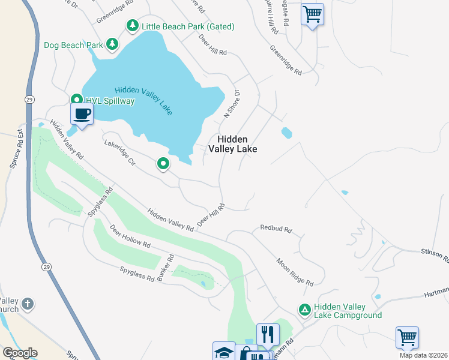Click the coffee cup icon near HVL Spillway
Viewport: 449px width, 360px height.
82,113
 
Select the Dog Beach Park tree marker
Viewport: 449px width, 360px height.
112,44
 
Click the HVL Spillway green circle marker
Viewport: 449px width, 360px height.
76,100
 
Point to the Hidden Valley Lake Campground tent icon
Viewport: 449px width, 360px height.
304,310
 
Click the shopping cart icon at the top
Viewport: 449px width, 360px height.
312,13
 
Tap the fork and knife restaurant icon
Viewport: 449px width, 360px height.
268,334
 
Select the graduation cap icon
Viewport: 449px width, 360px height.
223,352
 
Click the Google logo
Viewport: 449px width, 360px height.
19,353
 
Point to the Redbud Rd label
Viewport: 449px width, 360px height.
276,229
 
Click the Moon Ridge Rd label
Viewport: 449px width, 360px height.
295,272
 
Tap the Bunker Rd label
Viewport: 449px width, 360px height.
166,269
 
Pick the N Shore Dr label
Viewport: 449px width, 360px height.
232,103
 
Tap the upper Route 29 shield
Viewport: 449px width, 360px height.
28,98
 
